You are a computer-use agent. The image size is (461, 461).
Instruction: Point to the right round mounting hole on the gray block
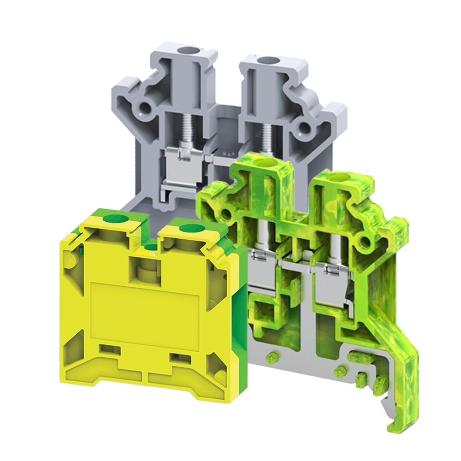304,127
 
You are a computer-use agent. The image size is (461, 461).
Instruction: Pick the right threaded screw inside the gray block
266,138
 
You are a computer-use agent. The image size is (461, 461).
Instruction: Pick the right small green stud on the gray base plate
340,371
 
